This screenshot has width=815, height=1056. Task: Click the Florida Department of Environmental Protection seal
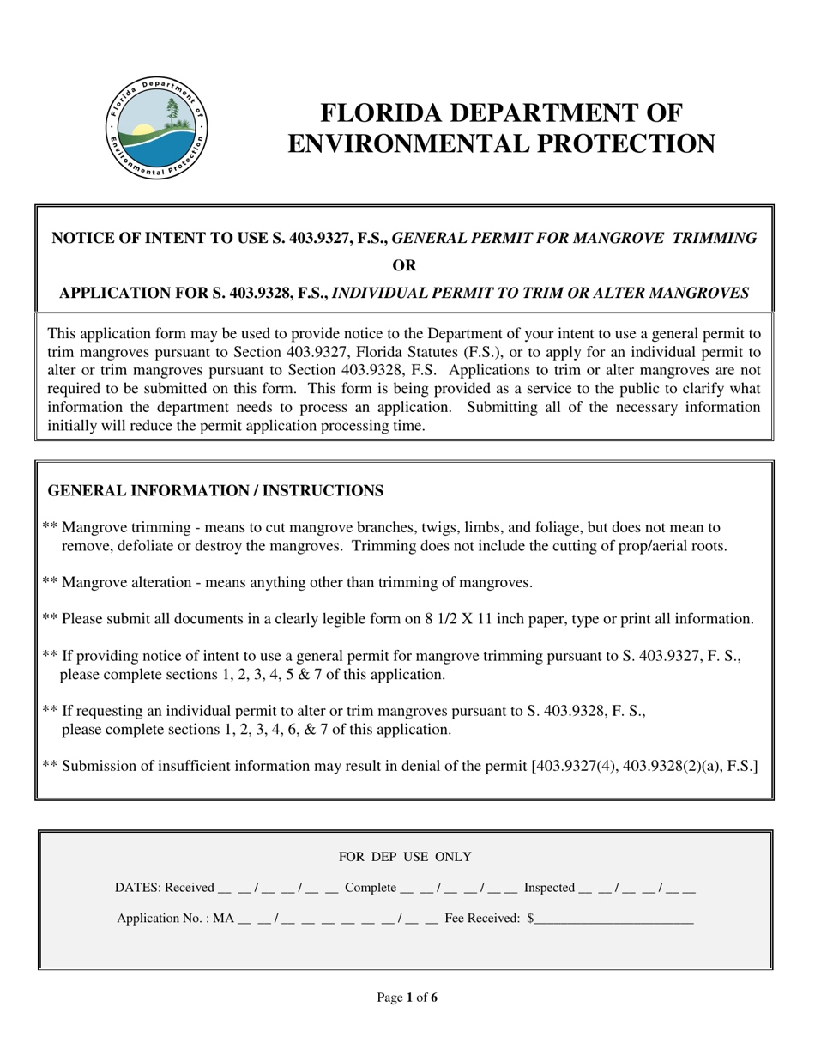pos(156,128)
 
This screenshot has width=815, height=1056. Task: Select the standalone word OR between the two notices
pos(404,265)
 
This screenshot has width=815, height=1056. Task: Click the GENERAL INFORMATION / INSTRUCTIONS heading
pos(215,491)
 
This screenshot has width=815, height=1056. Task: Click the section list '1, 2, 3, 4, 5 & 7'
pos(284,675)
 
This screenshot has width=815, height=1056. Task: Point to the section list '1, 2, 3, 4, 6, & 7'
pos(287,730)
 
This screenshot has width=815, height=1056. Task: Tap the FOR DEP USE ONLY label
pos(405,857)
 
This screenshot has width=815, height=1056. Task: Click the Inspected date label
pos(549,888)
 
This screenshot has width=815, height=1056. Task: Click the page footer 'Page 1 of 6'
pos(407,998)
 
